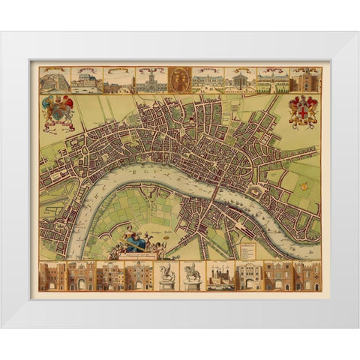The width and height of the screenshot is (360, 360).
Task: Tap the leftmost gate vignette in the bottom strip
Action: point(52,275)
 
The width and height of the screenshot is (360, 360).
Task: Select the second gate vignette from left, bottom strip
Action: point(81,275)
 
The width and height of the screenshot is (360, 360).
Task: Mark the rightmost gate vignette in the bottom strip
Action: point(307,275)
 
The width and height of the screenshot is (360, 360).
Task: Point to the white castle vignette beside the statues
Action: point(222,275)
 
